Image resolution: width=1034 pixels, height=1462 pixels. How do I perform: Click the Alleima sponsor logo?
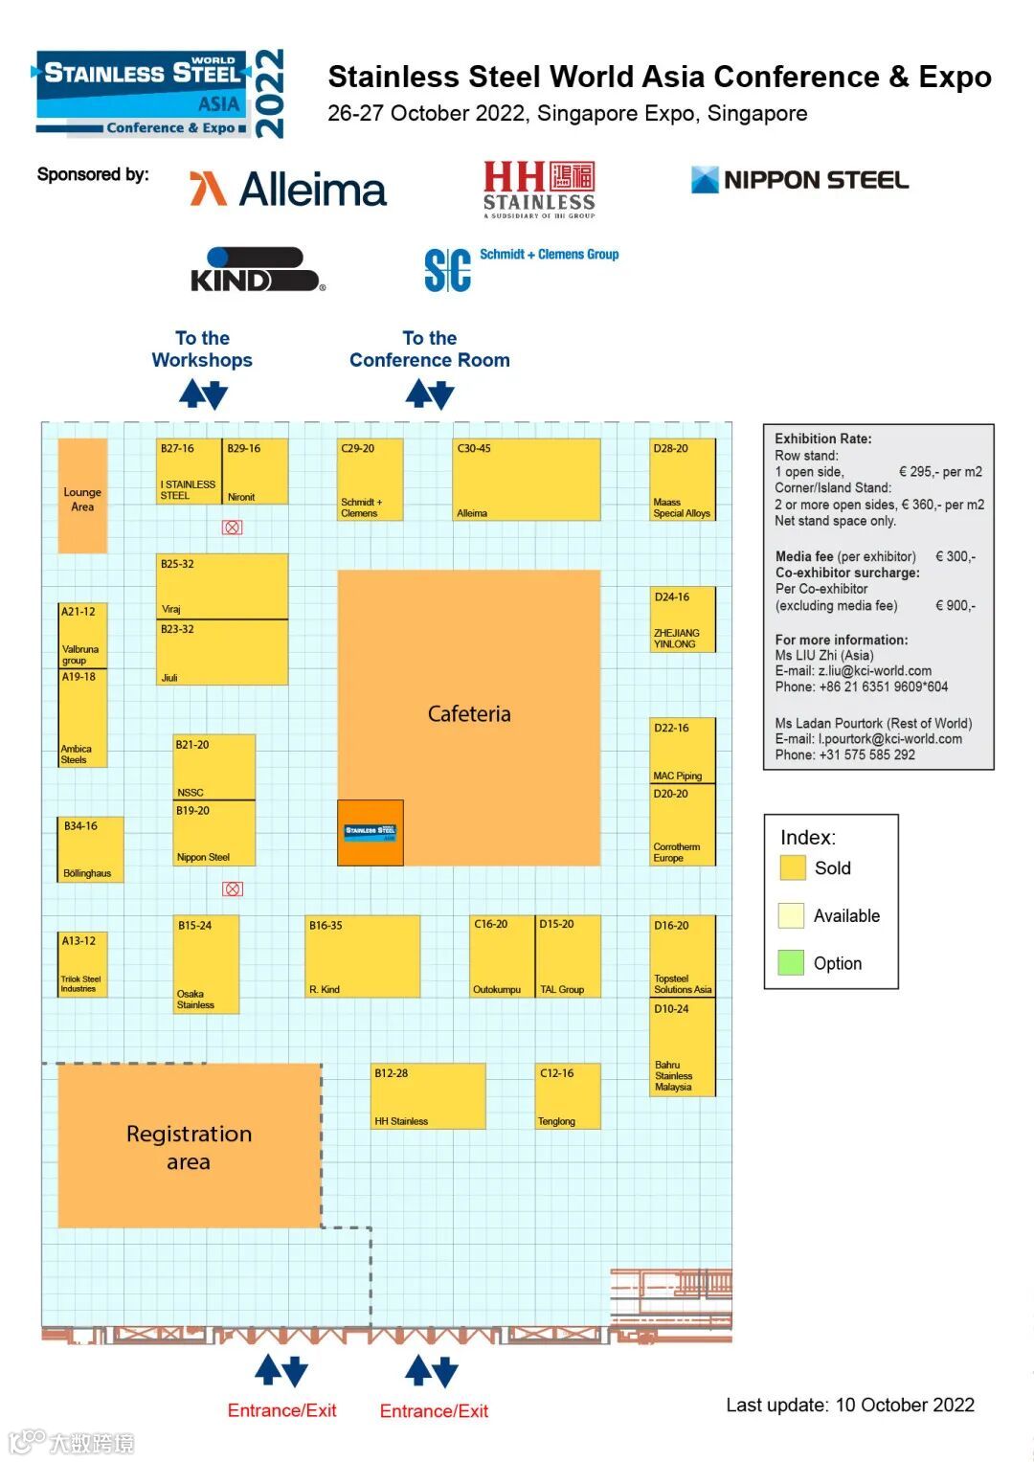(288, 189)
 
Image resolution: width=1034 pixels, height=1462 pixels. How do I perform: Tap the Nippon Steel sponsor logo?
(799, 180)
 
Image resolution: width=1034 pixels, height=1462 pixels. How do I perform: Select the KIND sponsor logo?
(258, 270)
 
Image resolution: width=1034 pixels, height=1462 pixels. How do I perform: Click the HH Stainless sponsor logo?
(539, 189)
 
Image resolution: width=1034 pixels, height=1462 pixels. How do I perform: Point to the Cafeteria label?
(469, 714)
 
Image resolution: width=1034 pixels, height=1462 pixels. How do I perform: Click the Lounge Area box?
(82, 496)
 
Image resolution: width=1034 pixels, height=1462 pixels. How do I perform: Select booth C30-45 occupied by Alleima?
(528, 480)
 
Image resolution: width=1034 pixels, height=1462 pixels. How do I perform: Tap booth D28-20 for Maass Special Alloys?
(683, 480)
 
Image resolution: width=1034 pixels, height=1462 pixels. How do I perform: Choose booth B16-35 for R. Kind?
(363, 956)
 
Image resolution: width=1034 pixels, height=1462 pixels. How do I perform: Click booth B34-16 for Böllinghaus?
(90, 849)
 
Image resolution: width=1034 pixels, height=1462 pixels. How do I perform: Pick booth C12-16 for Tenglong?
(568, 1096)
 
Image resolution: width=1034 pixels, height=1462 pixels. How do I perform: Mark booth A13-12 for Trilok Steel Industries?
(82, 964)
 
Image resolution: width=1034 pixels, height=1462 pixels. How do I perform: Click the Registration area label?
(189, 1147)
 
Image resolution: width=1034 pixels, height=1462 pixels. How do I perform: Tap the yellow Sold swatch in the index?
(792, 868)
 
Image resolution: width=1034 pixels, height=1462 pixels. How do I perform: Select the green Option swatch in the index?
(792, 963)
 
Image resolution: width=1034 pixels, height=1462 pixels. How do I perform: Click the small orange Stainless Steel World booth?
(371, 832)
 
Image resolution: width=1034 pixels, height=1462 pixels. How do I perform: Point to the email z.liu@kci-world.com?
(874, 671)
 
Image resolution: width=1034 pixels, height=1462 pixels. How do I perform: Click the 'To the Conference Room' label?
(429, 349)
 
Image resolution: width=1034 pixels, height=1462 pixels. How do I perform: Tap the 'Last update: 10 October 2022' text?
(849, 1405)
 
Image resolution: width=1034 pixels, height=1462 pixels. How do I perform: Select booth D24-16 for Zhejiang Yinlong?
(683, 619)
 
